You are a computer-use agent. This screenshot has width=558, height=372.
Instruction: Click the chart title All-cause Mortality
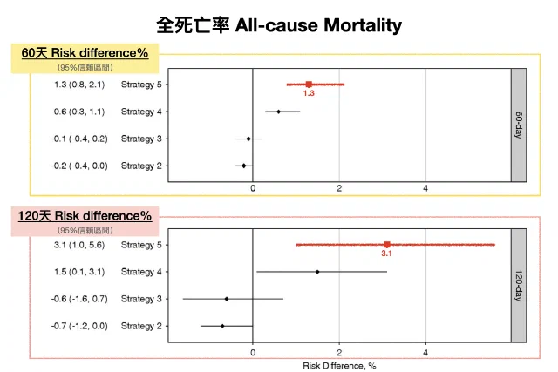click(318, 25)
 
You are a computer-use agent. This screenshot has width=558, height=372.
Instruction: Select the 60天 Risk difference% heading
click(85, 53)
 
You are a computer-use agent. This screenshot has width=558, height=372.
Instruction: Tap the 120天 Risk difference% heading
click(85, 216)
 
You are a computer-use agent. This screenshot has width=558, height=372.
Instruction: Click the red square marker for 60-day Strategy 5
click(309, 85)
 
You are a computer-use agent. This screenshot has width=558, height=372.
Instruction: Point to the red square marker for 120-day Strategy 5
click(387, 245)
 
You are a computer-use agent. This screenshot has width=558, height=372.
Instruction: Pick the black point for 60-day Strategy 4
click(279, 112)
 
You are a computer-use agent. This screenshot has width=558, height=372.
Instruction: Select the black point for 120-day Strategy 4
click(317, 272)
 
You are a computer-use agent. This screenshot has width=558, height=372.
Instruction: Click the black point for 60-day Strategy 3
click(248, 139)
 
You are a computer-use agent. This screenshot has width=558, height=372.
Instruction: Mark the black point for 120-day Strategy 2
click(222, 326)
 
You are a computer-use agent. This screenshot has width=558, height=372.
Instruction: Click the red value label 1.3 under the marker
click(309, 93)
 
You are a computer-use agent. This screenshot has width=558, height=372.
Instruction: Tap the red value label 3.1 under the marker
click(386, 254)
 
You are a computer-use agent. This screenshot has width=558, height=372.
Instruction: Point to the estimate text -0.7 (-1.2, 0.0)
click(79, 326)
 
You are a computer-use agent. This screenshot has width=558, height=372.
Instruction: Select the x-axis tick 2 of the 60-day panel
click(339, 188)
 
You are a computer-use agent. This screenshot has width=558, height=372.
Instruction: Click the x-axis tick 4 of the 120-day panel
click(425, 353)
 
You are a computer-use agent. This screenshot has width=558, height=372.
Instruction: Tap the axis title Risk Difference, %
click(339, 366)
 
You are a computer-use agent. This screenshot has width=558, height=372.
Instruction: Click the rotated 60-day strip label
click(519, 125)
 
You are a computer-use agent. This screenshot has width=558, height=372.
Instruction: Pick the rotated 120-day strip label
click(519, 286)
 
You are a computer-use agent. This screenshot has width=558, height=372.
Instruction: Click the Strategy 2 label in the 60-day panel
click(141, 166)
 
